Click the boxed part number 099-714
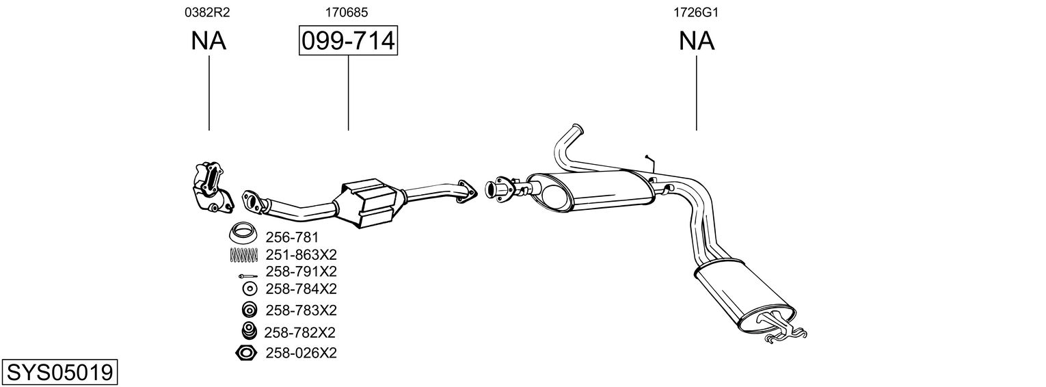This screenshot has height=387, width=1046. (348, 42)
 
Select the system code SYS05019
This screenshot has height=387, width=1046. (59, 373)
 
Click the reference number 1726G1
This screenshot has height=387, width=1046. (696, 12)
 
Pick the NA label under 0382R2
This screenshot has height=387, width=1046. (209, 42)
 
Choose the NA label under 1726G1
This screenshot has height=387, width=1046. (697, 42)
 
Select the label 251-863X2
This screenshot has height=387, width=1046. (301, 255)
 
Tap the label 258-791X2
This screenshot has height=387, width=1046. (301, 271)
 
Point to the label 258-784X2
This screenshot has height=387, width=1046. (301, 288)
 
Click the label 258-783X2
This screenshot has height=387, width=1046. (301, 310)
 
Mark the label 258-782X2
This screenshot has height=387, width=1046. (299, 332)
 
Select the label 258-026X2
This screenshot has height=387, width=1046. (301, 353)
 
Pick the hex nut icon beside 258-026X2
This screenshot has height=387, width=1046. (246, 353)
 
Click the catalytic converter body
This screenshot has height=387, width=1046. (369, 203)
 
